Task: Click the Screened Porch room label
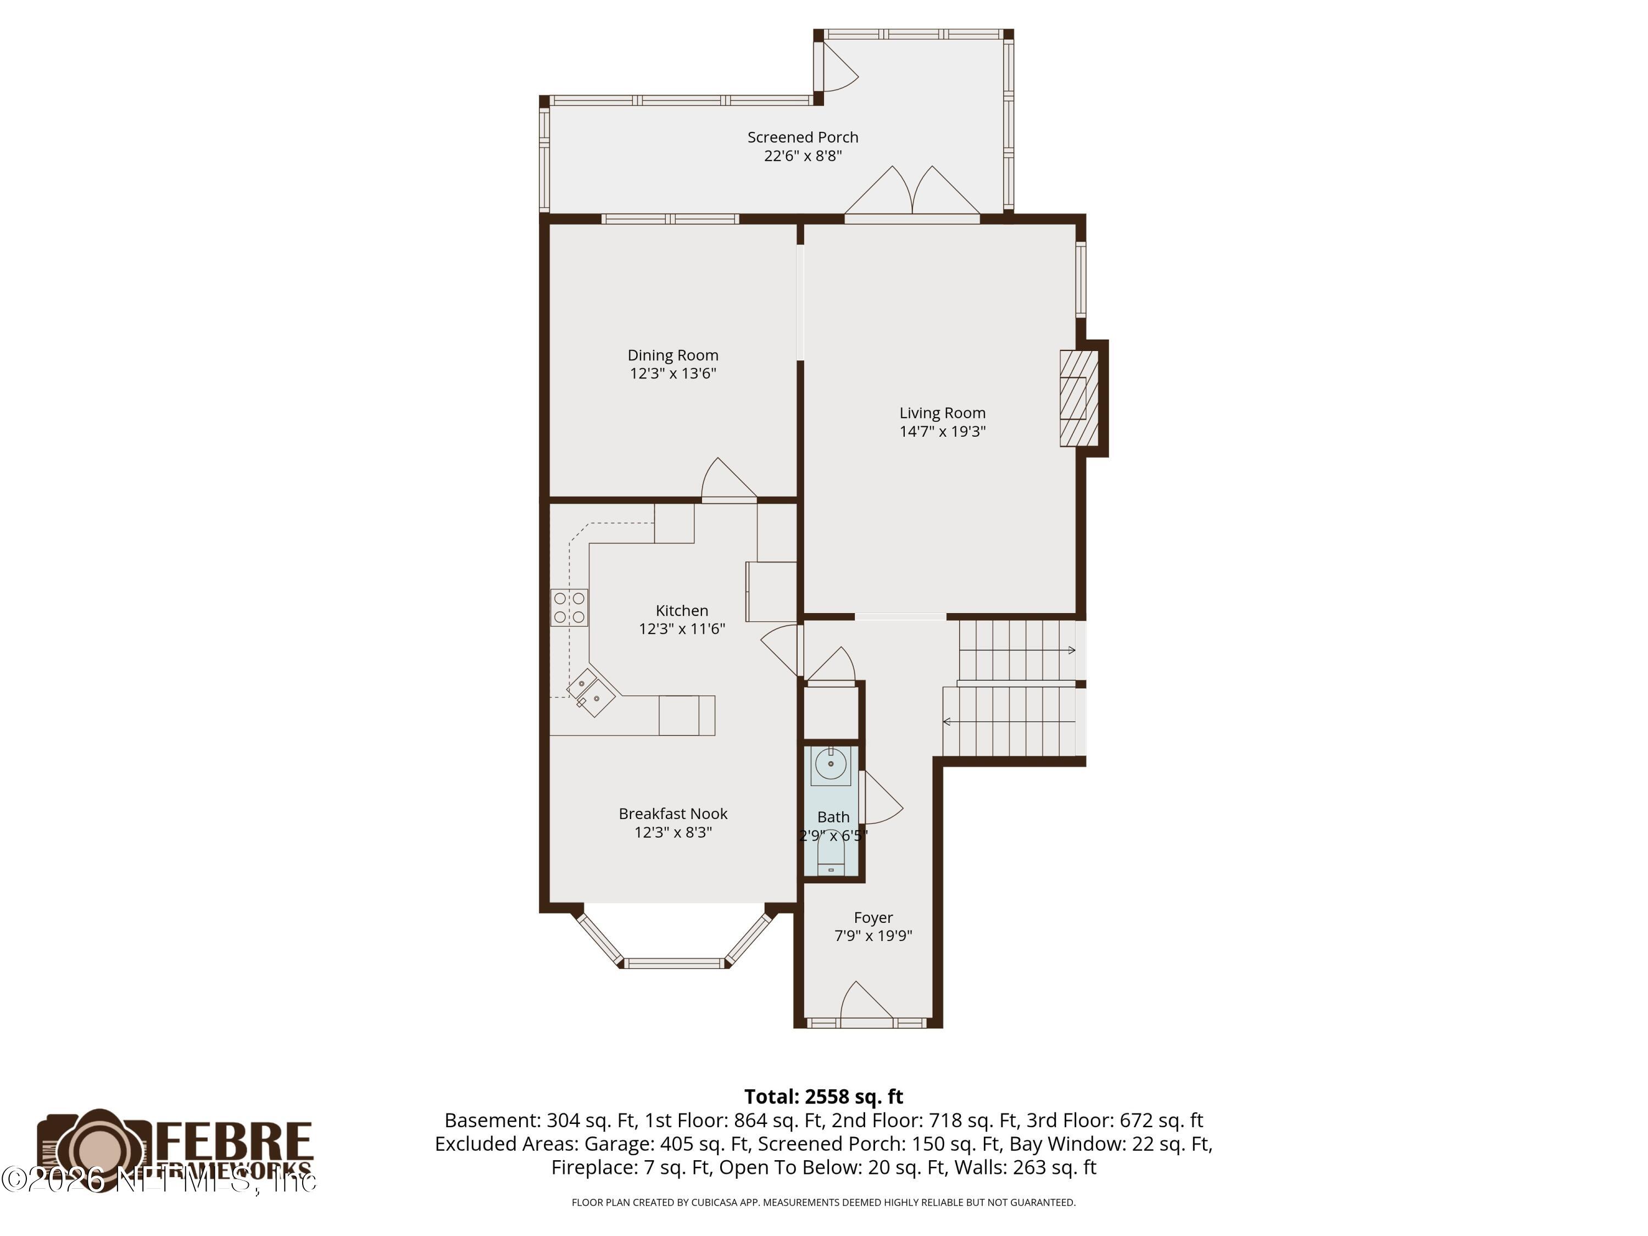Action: [803, 137]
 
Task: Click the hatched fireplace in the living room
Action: [1078, 399]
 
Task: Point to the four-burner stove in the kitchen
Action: [569, 607]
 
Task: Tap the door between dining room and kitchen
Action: [728, 481]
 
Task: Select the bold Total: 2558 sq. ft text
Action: [823, 1096]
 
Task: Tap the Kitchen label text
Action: [681, 610]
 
